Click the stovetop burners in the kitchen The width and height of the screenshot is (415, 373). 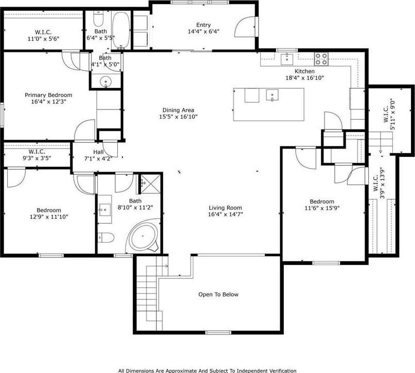pos(321,59)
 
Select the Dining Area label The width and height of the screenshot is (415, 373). pos(178,110)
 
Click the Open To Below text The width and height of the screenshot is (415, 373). pos(219,294)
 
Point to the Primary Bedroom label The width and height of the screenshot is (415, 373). pos(48,95)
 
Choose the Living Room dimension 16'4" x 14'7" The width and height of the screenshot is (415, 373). pos(225,214)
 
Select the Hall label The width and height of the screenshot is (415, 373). pos(98,152)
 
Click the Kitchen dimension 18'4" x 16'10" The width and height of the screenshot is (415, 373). pos(304,78)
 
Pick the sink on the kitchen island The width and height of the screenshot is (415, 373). pos(272,96)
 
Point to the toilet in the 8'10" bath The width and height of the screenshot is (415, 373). pos(106,237)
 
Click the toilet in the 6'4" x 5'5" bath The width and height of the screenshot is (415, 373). pos(98,18)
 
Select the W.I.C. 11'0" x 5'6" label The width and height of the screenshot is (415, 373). pos(43,35)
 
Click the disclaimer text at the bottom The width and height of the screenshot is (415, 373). pos(207,370)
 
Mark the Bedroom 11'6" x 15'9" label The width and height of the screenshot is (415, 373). pos(322,205)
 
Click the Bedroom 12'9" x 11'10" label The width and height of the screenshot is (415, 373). pos(49,214)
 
